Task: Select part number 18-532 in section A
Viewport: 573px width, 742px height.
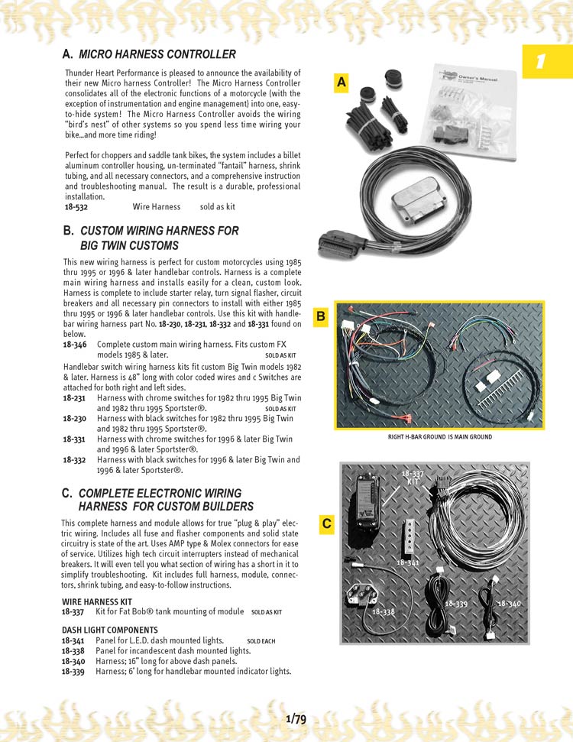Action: point(76,207)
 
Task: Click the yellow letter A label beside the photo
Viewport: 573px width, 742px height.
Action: point(342,82)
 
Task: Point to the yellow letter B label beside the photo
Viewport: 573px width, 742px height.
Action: point(321,315)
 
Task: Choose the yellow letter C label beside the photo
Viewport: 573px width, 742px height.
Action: point(326,523)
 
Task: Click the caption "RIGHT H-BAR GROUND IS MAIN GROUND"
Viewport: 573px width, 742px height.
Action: point(440,437)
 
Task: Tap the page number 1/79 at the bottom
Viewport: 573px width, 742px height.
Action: point(296,719)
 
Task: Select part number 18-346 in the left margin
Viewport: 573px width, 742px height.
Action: point(74,345)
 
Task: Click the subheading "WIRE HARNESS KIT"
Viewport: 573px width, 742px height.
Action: point(96,602)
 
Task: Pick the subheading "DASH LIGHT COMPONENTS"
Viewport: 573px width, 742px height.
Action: point(104,630)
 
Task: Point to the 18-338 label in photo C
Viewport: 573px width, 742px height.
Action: point(384,612)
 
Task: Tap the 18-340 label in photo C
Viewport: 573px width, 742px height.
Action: point(510,604)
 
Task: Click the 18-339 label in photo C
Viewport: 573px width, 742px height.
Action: point(456,604)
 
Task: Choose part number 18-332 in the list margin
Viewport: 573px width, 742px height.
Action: point(74,460)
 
